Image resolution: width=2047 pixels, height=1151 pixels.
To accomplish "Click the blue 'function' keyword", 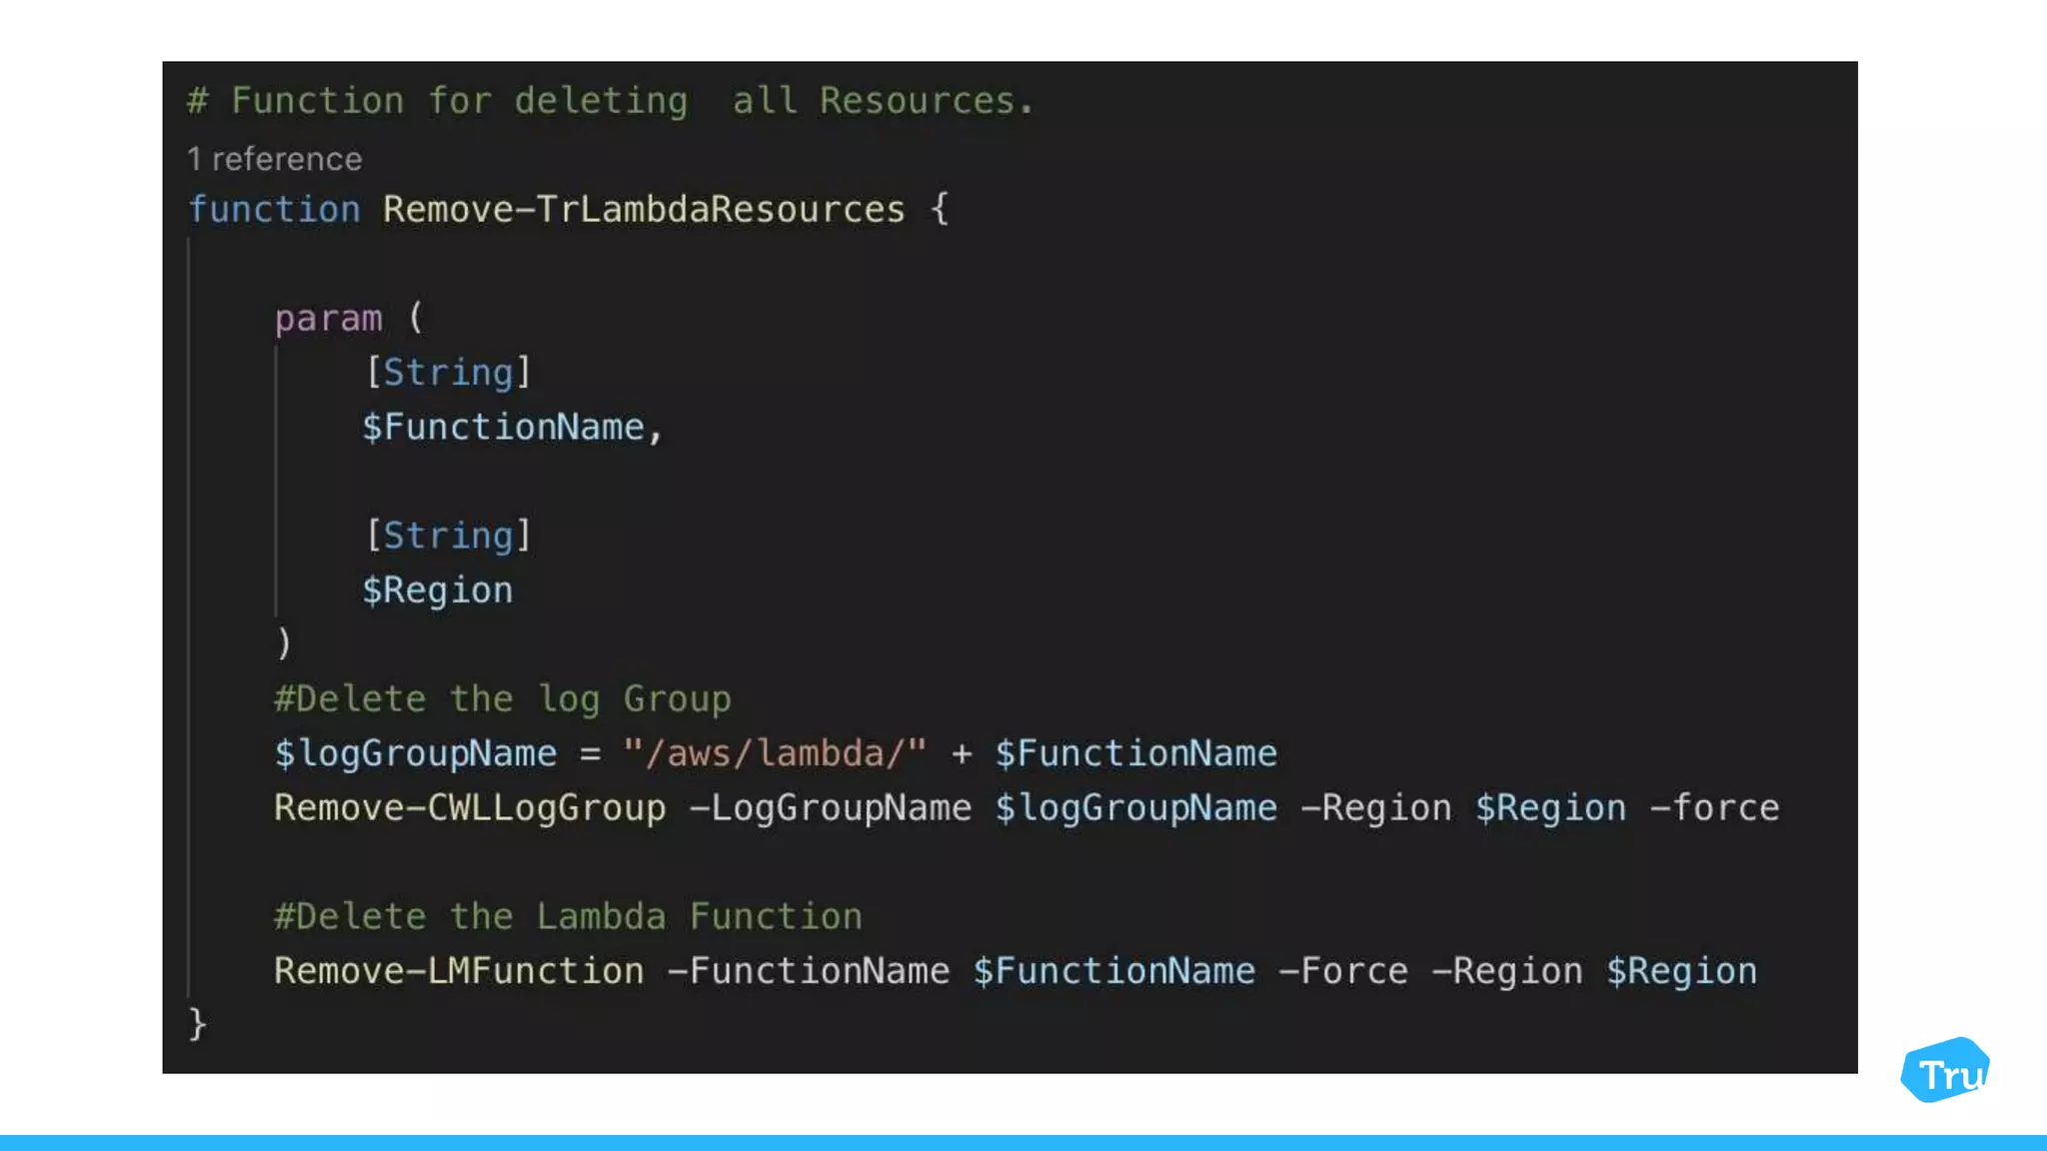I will [x=274, y=210].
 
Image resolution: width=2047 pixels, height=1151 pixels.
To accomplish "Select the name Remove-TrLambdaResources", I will [x=644, y=210].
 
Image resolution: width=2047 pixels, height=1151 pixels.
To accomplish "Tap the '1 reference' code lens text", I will [x=275, y=159].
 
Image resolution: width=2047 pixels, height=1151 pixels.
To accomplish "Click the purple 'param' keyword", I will [x=328, y=319].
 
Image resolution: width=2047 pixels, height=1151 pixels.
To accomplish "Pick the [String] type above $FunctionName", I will [x=448, y=373].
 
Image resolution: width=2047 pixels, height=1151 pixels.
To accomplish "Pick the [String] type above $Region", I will [x=448, y=536].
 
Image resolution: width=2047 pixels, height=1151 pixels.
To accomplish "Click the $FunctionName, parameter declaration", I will [x=512, y=428].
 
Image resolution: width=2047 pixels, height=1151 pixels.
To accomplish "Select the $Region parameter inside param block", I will [x=437, y=590].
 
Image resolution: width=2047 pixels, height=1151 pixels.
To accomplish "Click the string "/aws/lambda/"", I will [x=775, y=753].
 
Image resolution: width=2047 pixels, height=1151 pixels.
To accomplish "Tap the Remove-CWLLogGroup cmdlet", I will [x=470, y=808].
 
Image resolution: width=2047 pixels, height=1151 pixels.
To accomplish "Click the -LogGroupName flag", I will [x=830, y=808].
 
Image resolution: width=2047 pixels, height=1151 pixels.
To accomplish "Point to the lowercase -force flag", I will [x=1713, y=808].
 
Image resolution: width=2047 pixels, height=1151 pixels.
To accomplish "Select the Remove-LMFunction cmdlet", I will [x=459, y=971].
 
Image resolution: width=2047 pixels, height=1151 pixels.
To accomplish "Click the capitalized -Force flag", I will [x=1342, y=971].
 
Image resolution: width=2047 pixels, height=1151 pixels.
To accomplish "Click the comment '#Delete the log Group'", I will [x=502, y=699].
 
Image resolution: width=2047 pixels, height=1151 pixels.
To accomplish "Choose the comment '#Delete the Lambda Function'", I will [x=568, y=917].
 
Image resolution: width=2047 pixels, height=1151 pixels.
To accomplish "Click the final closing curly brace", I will [x=198, y=1024].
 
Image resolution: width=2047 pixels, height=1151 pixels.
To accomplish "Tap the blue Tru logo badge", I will [x=1945, y=1071].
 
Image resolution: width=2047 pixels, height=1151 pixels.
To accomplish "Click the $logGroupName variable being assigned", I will [x=415, y=753].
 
